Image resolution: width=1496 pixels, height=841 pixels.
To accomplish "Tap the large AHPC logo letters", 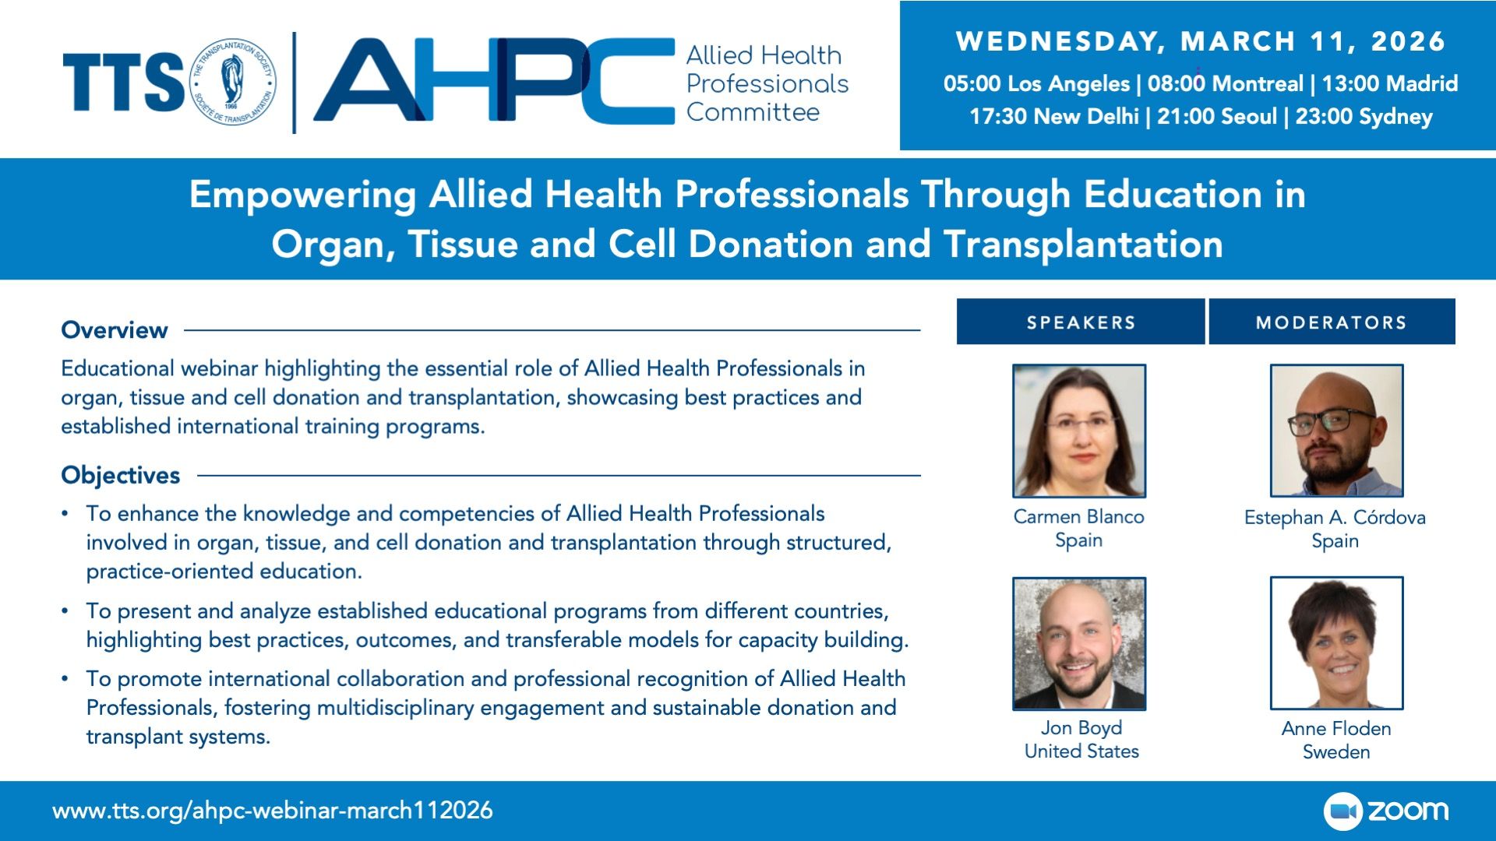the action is coord(494,80).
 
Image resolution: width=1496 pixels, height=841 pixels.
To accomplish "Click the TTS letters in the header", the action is coord(123,82).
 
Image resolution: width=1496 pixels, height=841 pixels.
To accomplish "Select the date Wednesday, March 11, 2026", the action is coord(1201,41).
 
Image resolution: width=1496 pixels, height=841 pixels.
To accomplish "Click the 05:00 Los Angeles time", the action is coord(1036,83).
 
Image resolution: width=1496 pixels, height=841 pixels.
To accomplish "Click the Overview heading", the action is coord(115,330).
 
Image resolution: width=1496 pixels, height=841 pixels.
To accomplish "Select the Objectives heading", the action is coord(121,475).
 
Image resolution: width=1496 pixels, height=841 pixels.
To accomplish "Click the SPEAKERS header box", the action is coord(1081,322).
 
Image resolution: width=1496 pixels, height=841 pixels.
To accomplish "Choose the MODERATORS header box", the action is coord(1332,322).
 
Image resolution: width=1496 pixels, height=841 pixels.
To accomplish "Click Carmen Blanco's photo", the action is coord(1079,431).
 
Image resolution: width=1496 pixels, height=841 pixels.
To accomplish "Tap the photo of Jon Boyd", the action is coord(1079,643).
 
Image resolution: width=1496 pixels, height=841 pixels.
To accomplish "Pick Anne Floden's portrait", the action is coord(1336,643).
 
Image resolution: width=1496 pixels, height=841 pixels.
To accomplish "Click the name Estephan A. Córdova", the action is coord(1335,518).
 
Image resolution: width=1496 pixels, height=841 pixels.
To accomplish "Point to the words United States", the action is coord(1081,751).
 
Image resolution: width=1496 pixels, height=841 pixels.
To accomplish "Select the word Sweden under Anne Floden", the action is coord(1336,752).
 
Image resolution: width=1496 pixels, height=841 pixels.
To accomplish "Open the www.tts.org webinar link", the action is coord(273,811).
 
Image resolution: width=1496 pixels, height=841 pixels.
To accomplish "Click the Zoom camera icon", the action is coord(1343,811).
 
